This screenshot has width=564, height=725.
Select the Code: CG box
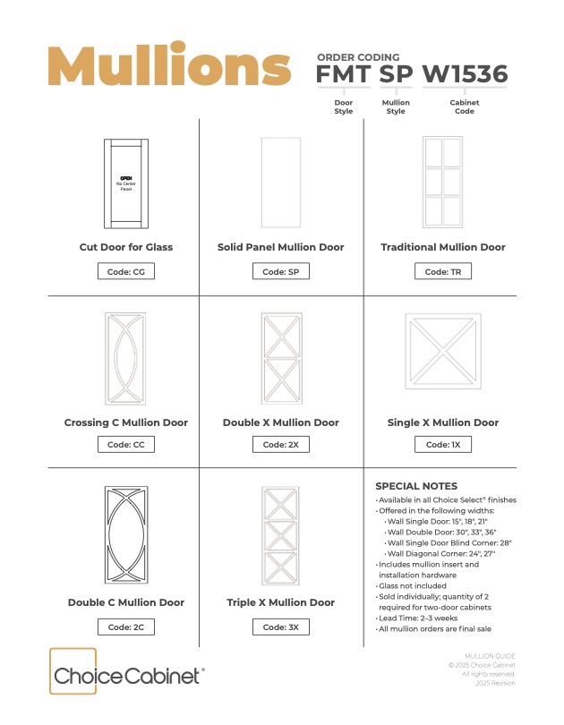point(126,271)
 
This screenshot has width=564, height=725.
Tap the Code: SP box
point(281,271)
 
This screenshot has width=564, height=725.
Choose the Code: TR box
point(443,271)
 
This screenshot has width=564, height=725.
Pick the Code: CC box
point(126,444)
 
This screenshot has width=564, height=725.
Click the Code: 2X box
point(281,444)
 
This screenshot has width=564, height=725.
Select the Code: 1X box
point(443,444)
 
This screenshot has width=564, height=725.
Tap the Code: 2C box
point(126,627)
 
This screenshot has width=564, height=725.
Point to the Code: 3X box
point(281,627)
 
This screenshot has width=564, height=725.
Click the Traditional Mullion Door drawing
point(442,183)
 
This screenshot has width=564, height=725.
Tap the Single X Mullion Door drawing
point(442,351)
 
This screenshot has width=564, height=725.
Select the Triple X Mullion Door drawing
point(281,535)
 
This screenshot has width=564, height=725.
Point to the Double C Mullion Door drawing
point(126,534)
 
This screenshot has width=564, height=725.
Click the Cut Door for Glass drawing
point(126,184)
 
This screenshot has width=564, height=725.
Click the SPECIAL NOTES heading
point(416,486)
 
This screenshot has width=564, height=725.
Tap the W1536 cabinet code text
point(465,74)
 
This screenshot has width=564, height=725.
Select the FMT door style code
point(343,74)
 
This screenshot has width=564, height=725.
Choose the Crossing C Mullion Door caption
point(126,422)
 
